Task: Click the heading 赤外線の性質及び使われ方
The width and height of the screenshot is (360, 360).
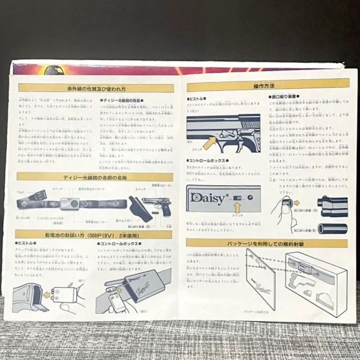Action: (96, 89)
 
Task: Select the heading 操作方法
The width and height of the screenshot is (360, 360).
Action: (268, 85)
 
